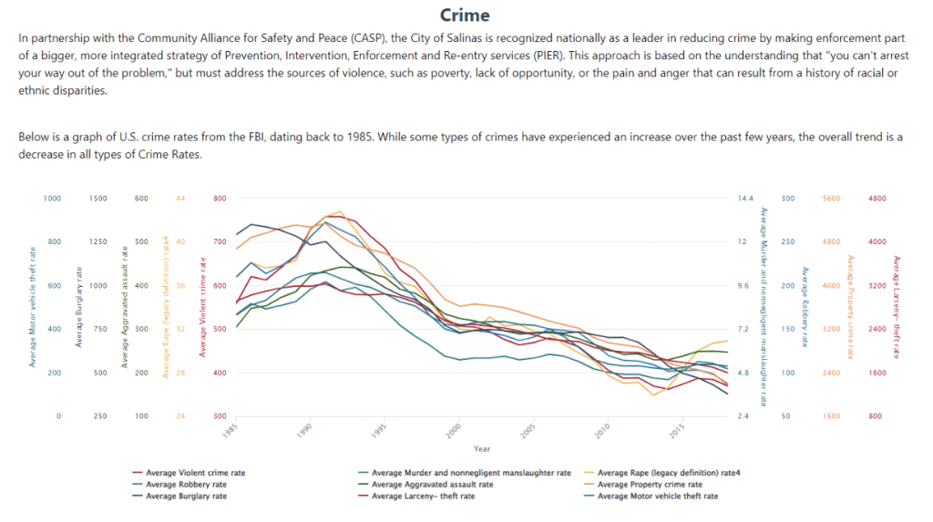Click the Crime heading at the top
pyautogui.click(x=465, y=15)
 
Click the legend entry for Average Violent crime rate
pyautogui.click(x=195, y=473)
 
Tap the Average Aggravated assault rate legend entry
pyautogui.click(x=432, y=485)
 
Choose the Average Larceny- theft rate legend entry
pyautogui.click(x=423, y=496)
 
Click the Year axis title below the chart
pyautogui.click(x=482, y=448)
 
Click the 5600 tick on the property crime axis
pyautogui.click(x=831, y=198)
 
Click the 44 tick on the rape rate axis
pyautogui.click(x=179, y=198)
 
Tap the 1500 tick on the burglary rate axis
pyautogui.click(x=98, y=198)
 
